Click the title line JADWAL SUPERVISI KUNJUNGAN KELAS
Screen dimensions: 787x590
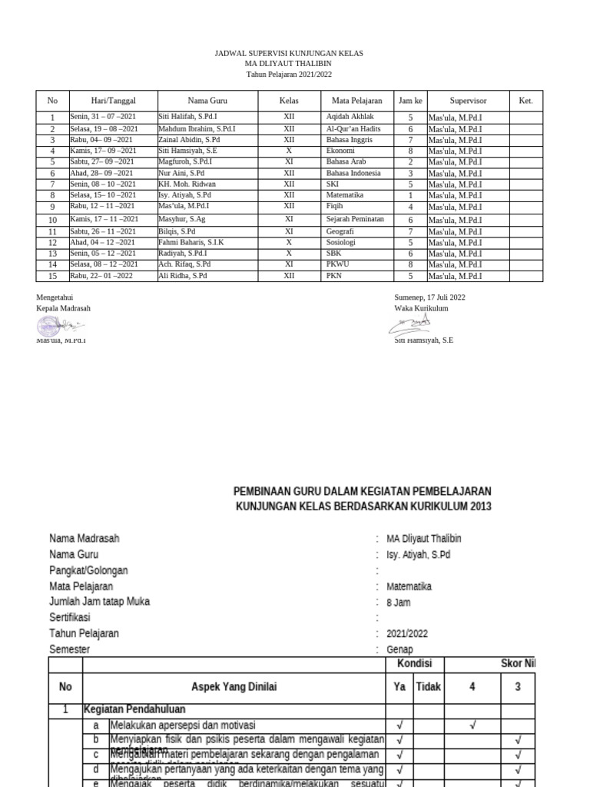[x=287, y=53]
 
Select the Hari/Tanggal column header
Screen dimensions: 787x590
[x=113, y=101]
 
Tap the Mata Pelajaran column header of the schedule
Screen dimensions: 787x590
[x=356, y=101]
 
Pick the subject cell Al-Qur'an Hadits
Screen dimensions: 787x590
[x=353, y=129]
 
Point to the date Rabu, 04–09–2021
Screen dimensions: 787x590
[x=102, y=141]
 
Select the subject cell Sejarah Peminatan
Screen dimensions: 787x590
[x=355, y=219]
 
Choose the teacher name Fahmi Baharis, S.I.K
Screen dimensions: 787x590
[x=191, y=242]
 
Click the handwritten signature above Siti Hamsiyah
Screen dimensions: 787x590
[x=409, y=324]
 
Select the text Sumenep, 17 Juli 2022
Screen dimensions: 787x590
[x=429, y=297]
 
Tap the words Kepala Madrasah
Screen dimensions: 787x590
[x=63, y=308]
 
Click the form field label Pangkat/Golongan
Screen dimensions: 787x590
[x=88, y=570]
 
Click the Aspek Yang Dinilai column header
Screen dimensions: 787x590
[x=234, y=687]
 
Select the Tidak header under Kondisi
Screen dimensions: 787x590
[x=428, y=687]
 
